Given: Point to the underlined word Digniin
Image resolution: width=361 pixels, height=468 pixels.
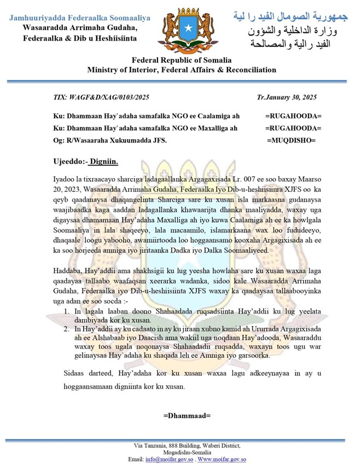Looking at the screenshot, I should point(102,162).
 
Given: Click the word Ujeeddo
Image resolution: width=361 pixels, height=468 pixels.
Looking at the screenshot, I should point(65,162).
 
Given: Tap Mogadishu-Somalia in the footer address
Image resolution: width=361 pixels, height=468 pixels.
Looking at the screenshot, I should point(180,453).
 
